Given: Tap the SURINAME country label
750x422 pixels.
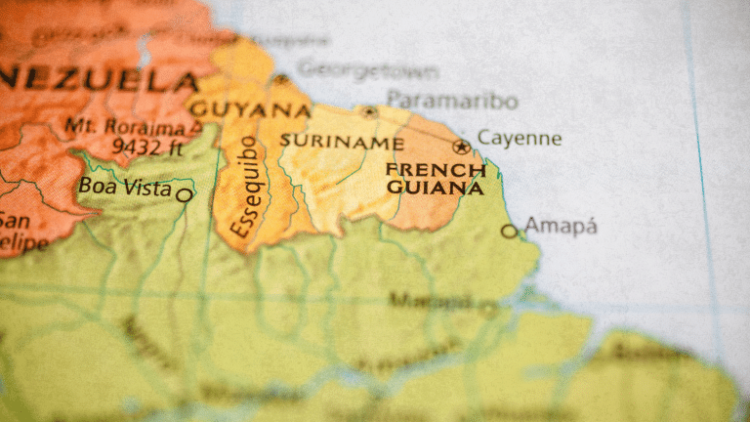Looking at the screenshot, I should tap(341, 142).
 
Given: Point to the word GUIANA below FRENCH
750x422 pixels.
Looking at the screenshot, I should tap(435, 187).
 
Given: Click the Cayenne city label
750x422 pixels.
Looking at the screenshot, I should tap(519, 139).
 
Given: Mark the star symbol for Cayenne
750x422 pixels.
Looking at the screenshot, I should tap(461, 148).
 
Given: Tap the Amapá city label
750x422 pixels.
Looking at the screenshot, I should tap(561, 227).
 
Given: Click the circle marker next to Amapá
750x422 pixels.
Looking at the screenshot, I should tap(508, 232).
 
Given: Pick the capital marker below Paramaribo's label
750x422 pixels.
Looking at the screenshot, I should tap(369, 112).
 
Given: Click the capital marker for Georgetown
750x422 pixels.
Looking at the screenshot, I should tap(281, 78).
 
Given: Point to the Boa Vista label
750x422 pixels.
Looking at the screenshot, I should tap(125, 186).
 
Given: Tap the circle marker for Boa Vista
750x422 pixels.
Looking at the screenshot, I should tap(184, 195).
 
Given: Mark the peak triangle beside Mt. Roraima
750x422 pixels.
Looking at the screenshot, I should tap(196, 126).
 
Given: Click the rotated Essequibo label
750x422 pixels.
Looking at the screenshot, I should tap(244, 188).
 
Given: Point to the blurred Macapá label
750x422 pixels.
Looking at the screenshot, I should tap(430, 300).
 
